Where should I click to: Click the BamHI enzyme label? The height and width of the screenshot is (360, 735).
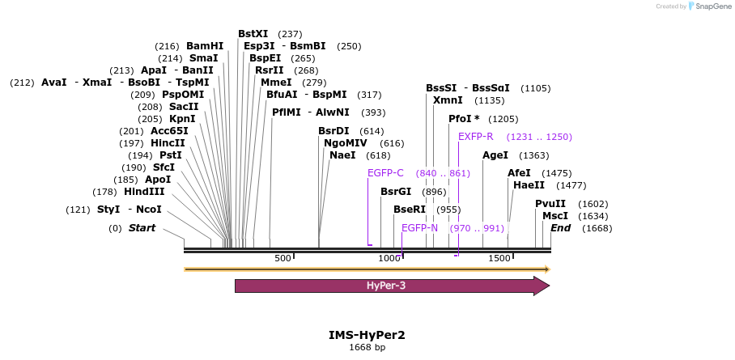(204, 46)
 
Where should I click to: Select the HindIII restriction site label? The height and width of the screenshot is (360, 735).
(144, 192)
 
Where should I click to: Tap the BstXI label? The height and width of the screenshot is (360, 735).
(253, 34)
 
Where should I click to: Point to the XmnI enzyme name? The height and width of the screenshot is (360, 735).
(448, 100)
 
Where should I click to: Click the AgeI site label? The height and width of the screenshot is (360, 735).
(495, 155)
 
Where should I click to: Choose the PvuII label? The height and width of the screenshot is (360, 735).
(550, 204)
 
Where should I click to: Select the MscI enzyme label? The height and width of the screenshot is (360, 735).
(555, 216)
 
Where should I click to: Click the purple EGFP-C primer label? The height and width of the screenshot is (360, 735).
(385, 173)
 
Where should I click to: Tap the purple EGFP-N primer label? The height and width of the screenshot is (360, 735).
(419, 228)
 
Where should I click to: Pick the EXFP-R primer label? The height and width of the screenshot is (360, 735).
(476, 137)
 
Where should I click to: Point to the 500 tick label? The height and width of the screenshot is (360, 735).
(283, 258)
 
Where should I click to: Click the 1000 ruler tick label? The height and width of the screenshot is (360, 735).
(390, 258)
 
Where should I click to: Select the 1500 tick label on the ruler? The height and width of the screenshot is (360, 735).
(499, 258)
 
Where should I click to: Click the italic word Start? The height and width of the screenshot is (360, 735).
(142, 228)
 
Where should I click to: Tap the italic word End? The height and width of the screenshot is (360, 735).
(560, 228)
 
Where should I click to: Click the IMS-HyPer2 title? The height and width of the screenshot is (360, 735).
(367, 334)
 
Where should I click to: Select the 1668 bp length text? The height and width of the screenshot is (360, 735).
(367, 347)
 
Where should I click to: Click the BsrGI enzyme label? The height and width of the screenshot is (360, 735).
(396, 192)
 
